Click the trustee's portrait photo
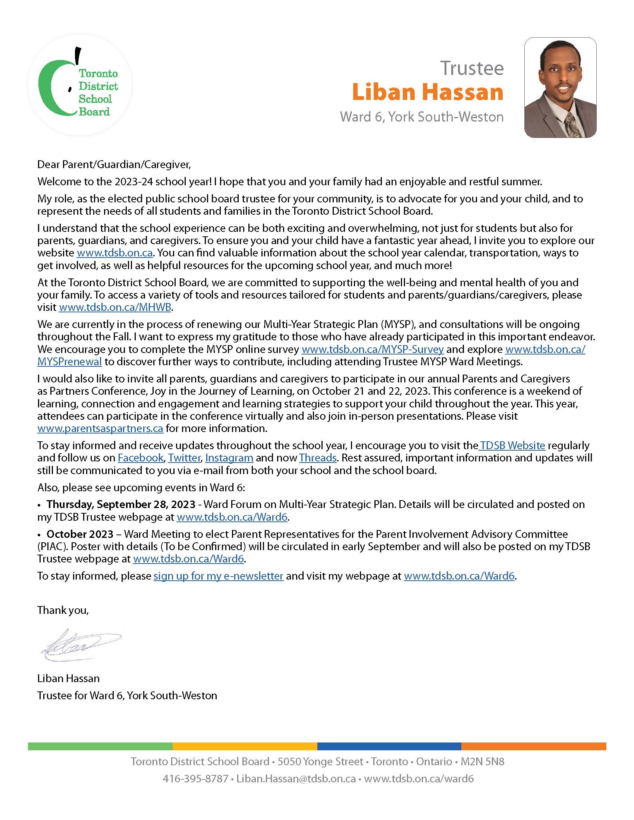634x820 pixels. click(560, 88)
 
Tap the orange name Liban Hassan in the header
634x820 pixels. click(427, 92)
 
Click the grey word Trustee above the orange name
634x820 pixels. click(472, 68)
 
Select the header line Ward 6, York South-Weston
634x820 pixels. click(421, 117)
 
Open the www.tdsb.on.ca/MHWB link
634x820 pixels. click(115, 307)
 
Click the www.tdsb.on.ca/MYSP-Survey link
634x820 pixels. click(372, 349)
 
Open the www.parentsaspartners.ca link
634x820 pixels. click(100, 428)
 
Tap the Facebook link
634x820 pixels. click(141, 458)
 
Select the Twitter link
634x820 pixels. click(184, 458)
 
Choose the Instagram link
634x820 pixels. click(229, 458)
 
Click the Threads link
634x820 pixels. click(317, 458)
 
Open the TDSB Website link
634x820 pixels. click(512, 445)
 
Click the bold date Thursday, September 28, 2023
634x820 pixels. click(121, 504)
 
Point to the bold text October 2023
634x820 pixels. click(80, 534)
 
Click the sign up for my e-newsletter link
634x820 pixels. click(218, 576)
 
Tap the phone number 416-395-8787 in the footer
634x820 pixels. click(195, 779)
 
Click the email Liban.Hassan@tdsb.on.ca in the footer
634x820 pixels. click(296, 779)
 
